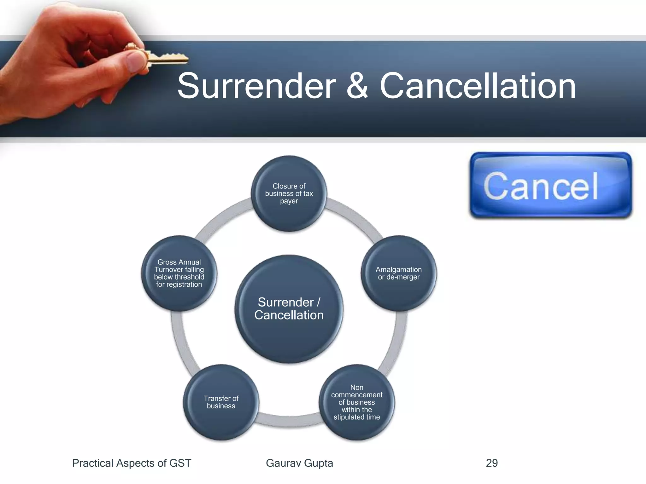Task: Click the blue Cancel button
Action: pyautogui.click(x=550, y=185)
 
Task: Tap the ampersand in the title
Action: pyautogui.click(x=357, y=86)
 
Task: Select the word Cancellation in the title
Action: pyautogui.click(x=478, y=86)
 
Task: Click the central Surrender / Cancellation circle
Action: pyautogui.click(x=289, y=309)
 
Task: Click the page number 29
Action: pyautogui.click(x=492, y=463)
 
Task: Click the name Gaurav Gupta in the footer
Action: pyautogui.click(x=299, y=463)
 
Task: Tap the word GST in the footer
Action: pyautogui.click(x=180, y=463)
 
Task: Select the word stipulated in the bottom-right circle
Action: pyautogui.click(x=349, y=417)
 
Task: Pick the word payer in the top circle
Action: pyautogui.click(x=289, y=201)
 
